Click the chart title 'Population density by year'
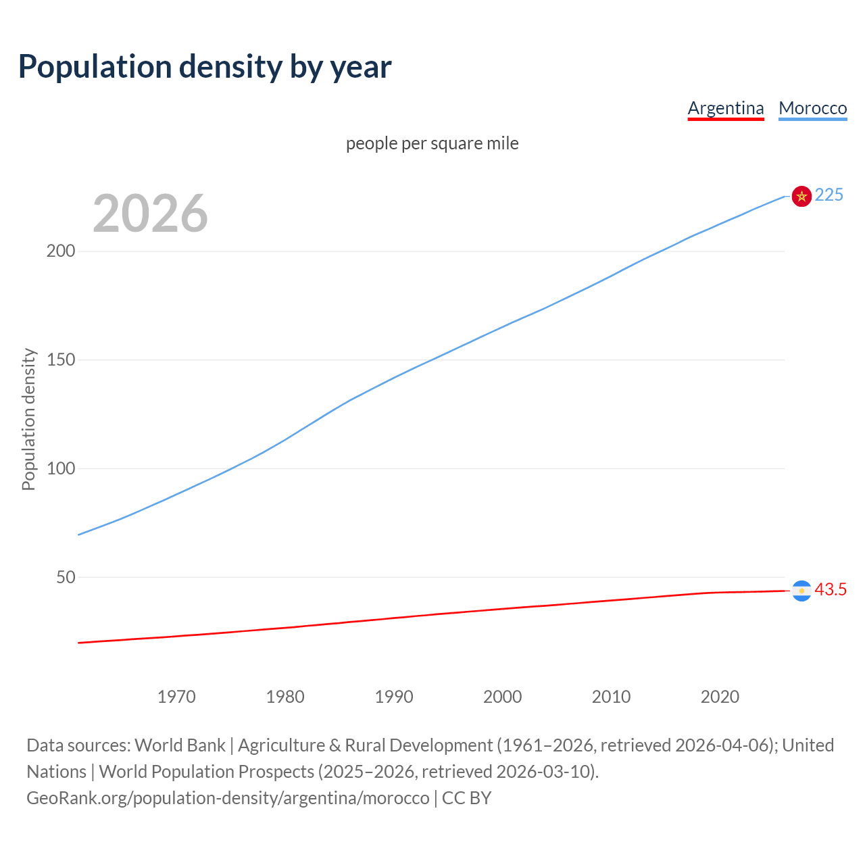click(205, 67)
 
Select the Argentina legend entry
click(725, 108)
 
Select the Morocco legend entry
click(812, 108)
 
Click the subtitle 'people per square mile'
click(432, 143)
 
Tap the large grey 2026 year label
click(150, 214)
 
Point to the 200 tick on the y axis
click(61, 251)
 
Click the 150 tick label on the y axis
click(61, 360)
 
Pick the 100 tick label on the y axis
click(61, 468)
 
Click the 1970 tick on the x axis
click(176, 697)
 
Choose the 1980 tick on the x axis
click(285, 697)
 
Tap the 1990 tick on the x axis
click(394, 697)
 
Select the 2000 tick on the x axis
click(502, 697)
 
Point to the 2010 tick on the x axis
click(611, 697)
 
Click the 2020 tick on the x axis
click(720, 697)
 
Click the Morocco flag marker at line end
click(801, 196)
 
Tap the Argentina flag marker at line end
click(801, 591)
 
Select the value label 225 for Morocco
click(829, 195)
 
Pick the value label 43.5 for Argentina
click(831, 589)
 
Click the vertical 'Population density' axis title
click(28, 419)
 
